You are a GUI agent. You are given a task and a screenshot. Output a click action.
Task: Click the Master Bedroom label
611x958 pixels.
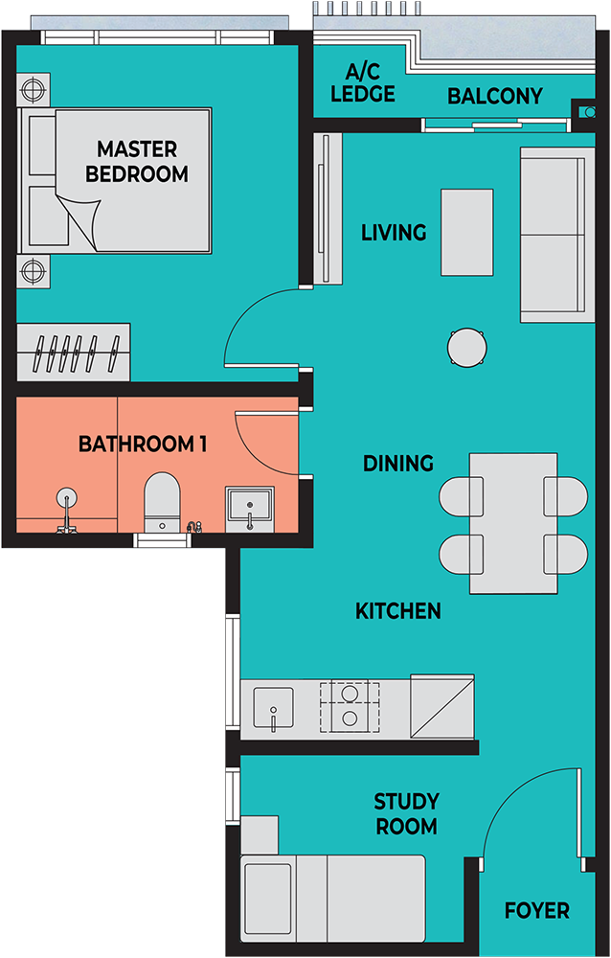[x=137, y=161]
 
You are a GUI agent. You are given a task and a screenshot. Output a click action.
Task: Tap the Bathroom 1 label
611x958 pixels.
[x=143, y=445]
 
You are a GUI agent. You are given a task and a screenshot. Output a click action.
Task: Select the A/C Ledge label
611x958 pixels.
[x=363, y=83]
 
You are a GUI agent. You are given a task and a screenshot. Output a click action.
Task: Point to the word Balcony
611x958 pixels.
[x=495, y=96]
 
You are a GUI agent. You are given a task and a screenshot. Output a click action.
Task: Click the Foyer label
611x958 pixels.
[x=537, y=910]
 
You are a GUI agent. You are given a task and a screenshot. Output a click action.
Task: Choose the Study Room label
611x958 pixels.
[x=406, y=813]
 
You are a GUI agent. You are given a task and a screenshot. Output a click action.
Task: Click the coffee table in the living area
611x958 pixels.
[x=467, y=232]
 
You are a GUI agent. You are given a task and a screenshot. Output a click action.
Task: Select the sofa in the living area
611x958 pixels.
[x=557, y=235]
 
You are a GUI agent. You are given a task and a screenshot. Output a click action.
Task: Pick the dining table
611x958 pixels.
[x=513, y=523]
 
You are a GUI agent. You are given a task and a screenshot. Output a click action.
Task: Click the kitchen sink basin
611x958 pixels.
[x=273, y=708]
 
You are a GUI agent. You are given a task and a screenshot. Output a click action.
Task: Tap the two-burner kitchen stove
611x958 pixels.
[x=350, y=707]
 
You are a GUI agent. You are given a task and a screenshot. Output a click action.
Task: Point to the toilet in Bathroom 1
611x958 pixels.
[x=162, y=502]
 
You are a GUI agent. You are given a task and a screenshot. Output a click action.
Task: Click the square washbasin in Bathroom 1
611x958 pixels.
[x=249, y=509]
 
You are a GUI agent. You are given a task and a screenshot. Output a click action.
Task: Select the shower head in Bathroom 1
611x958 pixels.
[x=66, y=499]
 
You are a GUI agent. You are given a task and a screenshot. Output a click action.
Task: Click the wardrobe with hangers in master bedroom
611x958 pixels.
[x=74, y=352]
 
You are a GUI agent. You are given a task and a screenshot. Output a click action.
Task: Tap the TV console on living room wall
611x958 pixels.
[x=328, y=208]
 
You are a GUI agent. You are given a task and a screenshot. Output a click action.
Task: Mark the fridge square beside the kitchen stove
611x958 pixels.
[x=442, y=707]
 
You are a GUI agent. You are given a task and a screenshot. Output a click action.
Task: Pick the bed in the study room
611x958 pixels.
[x=333, y=899]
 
